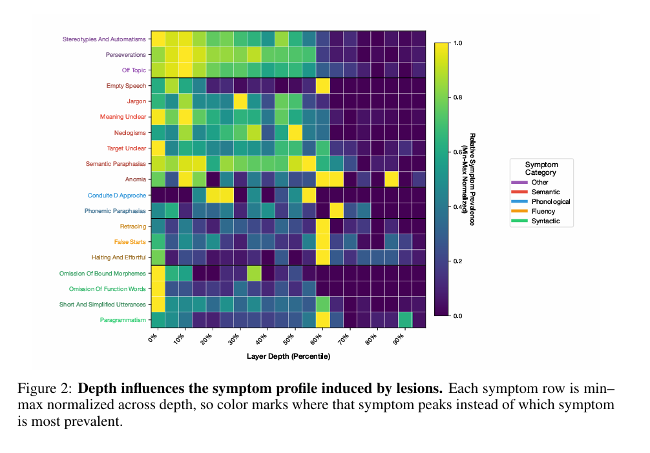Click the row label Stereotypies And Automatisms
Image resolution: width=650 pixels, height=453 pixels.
[104, 39]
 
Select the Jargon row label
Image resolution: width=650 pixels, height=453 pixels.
[136, 101]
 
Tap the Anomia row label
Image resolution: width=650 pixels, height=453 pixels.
[136, 179]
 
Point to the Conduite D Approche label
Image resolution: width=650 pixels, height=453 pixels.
[117, 196]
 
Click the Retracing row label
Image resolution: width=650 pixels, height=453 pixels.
[133, 226]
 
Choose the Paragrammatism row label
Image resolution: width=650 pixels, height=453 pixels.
[123, 320]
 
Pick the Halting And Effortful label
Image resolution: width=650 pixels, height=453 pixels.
[118, 257]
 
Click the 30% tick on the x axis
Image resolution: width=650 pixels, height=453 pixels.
[234, 338]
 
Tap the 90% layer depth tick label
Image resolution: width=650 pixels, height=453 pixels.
[399, 338]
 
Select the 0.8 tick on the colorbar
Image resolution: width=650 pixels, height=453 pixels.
[457, 97]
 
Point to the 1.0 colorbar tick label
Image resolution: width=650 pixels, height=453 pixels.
[457, 43]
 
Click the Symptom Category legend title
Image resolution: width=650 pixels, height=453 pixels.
[541, 168]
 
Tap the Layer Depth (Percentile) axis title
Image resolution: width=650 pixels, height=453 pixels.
[288, 356]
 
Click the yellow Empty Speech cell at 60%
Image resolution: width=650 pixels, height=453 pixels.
[323, 86]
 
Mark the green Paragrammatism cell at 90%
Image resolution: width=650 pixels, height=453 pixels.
[405, 319]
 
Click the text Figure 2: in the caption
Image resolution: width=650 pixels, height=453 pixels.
[45, 389]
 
